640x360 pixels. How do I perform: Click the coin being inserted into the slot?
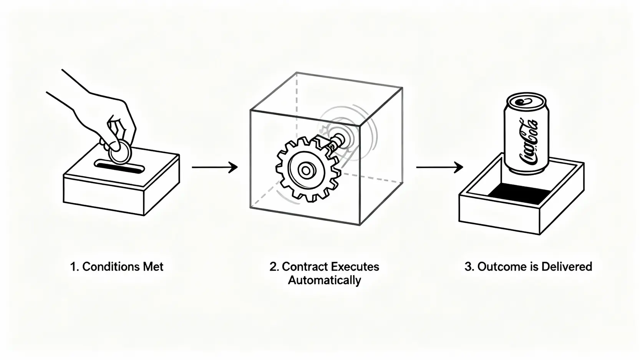(120, 152)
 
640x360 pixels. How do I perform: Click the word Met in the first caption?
(153, 267)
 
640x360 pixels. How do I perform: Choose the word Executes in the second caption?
(355, 267)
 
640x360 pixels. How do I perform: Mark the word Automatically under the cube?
(325, 280)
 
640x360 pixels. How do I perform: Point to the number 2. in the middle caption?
(274, 267)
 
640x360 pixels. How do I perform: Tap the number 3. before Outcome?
(469, 267)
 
